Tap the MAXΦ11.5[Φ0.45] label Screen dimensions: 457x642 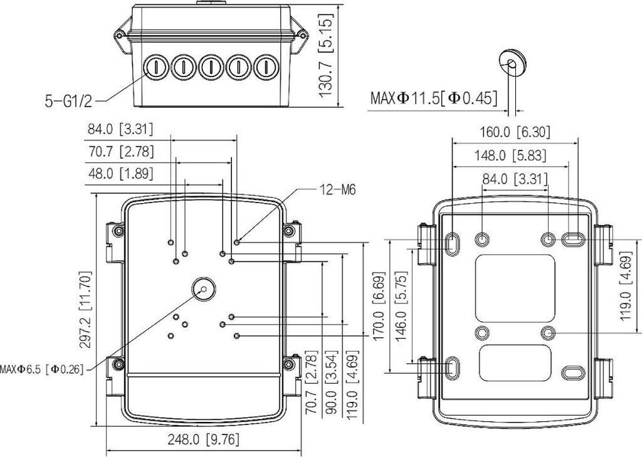click(434, 98)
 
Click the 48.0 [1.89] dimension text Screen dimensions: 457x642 click(120, 174)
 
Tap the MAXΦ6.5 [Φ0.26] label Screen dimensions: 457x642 click(42, 369)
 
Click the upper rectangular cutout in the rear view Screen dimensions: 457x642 click(515, 288)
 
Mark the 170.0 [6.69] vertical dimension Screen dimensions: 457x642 click(378, 307)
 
